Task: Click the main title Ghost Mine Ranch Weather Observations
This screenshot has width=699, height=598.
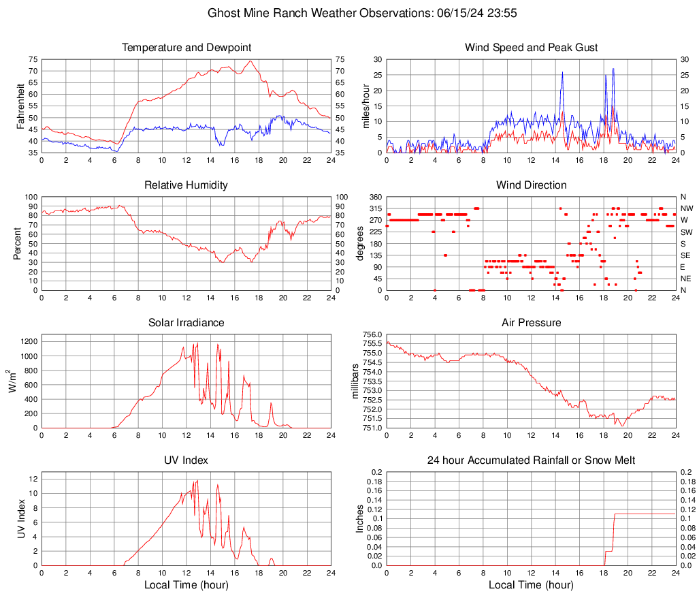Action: tap(349, 13)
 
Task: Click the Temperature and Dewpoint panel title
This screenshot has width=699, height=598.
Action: tap(186, 48)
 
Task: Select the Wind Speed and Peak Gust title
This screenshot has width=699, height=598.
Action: tap(531, 48)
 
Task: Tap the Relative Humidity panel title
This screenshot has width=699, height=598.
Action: tap(186, 185)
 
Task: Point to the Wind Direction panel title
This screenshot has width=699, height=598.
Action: tap(531, 185)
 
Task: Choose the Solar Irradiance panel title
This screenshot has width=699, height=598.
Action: tap(186, 323)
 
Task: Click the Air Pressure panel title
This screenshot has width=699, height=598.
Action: tap(531, 323)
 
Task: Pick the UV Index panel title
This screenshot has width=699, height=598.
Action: tap(186, 460)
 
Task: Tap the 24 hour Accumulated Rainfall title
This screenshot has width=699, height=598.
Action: tap(531, 460)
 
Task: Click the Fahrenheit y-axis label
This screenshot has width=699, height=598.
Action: tap(20, 106)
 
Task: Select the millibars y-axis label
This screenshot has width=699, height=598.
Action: tap(355, 381)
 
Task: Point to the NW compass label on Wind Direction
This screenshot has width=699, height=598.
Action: tap(686, 208)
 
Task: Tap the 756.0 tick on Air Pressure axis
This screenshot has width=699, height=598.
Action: tap(371, 334)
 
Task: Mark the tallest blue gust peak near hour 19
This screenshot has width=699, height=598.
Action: tap(613, 69)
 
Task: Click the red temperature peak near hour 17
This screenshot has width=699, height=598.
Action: tap(250, 61)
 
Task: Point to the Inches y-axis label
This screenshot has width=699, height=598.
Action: tap(360, 518)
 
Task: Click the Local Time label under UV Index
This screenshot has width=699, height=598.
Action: tap(186, 585)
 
